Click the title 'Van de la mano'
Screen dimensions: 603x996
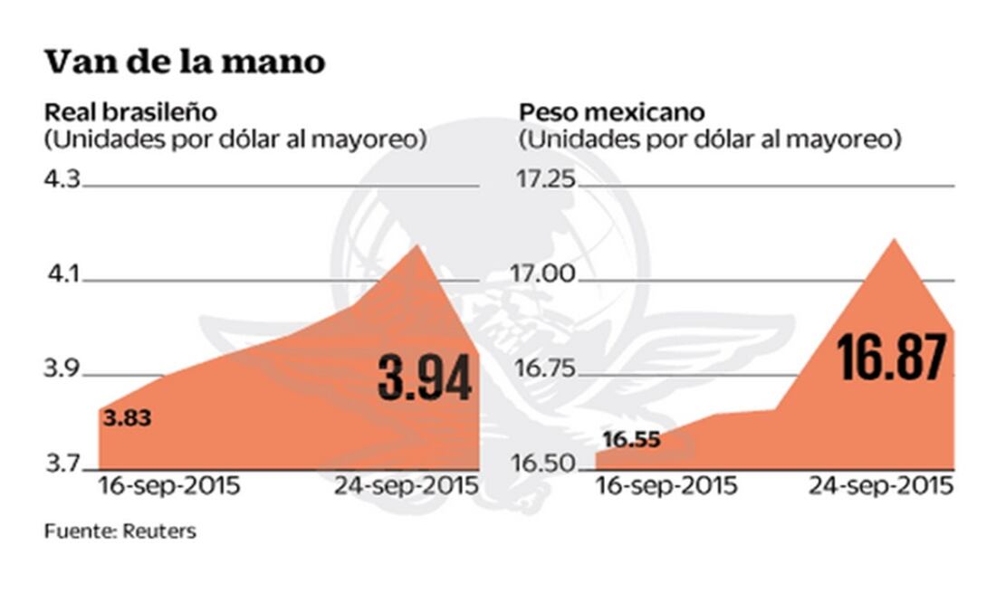point(184,62)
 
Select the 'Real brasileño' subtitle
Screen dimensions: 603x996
point(131,113)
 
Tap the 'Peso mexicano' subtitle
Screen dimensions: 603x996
point(611,113)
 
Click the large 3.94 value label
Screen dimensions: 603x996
point(425,378)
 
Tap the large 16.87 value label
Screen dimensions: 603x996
point(892,357)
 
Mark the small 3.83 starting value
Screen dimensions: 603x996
point(127,419)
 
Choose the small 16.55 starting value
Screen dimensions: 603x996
point(630,441)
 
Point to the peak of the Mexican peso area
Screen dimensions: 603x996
point(894,240)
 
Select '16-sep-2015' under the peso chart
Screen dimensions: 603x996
point(666,487)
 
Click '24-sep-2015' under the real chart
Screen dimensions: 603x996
point(405,487)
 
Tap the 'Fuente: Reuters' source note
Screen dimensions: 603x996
point(120,531)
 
